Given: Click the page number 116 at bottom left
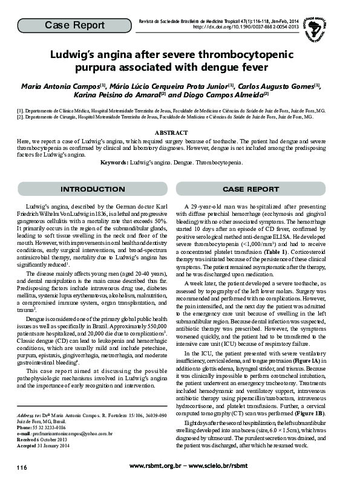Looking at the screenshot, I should (22, 467).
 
